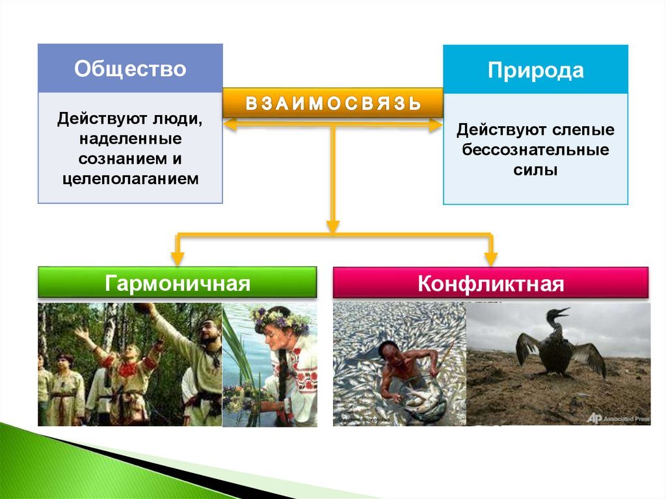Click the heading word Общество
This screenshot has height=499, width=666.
[130, 68]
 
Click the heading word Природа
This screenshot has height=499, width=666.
[536, 70]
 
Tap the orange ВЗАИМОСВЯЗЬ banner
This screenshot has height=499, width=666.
[333, 103]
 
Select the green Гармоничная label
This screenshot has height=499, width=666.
[177, 282]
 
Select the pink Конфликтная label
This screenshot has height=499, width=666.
[490, 283]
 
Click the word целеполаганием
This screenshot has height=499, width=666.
[130, 178]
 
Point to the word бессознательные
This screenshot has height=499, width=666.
[535, 150]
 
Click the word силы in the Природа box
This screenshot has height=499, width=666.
[535, 170]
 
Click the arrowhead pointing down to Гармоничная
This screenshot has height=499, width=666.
[178, 258]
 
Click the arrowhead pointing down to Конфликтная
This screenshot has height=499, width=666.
[490, 258]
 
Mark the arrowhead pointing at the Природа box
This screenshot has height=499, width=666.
[436, 125]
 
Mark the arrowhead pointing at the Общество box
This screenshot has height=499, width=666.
[230, 125]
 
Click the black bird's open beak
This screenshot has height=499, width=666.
[560, 312]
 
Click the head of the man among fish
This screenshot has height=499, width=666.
[390, 353]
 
